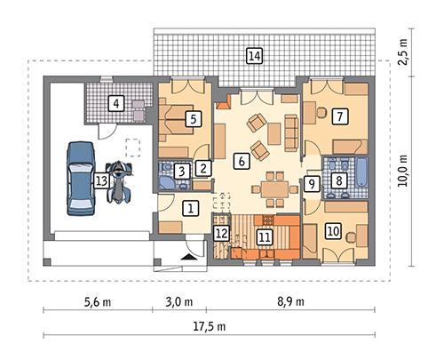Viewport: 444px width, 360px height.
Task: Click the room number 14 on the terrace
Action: pos(254,57)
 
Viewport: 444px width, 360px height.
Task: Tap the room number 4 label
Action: pos(115,103)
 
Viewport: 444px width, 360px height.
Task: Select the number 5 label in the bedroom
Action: pos(191,116)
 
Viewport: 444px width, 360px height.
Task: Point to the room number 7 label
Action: pos(337,116)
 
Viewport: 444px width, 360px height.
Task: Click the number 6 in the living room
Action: pos(240,162)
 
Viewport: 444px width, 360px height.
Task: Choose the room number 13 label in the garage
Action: pos(101,180)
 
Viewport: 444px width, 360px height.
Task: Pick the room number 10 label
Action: pos(332,230)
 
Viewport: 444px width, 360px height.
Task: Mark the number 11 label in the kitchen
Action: pos(262,236)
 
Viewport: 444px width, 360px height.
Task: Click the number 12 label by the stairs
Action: pos(222,234)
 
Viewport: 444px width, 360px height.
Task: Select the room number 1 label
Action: pos(189,209)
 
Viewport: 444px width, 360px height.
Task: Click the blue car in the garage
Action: pos(79,179)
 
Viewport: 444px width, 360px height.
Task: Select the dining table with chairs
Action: pos(274,189)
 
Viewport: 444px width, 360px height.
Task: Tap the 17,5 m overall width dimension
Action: pos(210,326)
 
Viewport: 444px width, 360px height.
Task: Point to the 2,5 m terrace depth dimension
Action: pos(404,55)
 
